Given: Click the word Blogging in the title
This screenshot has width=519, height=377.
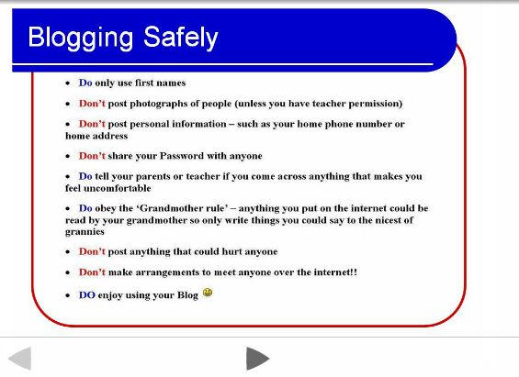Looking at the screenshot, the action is click(81, 39).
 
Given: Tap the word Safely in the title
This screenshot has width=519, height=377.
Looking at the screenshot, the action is click(181, 39).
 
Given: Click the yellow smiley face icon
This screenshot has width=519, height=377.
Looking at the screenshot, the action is click(208, 293).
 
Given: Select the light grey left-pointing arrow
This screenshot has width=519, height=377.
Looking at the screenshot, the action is click(20, 358).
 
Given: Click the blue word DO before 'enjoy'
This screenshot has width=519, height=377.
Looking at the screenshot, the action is click(87, 295).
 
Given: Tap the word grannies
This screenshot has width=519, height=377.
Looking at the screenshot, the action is click(85, 232).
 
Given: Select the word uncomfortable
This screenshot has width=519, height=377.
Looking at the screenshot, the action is click(118, 188).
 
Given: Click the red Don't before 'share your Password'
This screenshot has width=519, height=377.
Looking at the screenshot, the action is click(92, 156).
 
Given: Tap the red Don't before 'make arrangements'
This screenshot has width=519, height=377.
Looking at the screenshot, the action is click(92, 272).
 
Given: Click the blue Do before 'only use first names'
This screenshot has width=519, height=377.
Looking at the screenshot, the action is click(85, 83).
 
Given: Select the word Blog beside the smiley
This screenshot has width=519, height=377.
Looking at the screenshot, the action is click(187, 295).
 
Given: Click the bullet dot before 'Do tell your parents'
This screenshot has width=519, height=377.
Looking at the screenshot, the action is click(68, 177).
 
